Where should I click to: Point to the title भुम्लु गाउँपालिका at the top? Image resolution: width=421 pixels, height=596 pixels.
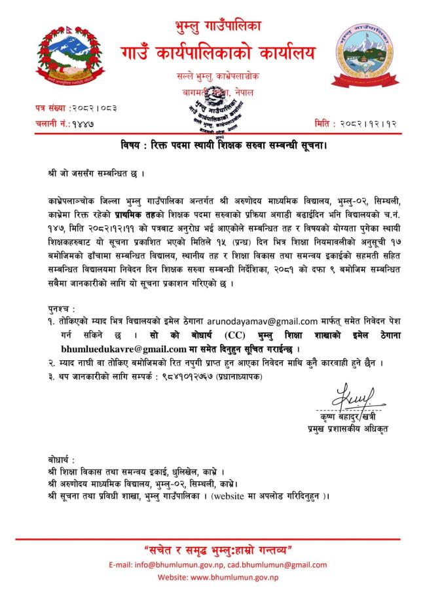[210, 26]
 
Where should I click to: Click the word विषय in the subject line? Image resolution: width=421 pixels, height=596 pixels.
[132, 143]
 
